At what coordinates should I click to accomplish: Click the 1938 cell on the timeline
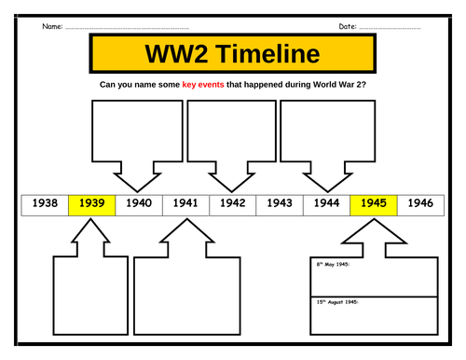(44, 203)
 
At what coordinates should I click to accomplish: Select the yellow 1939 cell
(91, 203)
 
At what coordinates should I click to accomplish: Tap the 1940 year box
(139, 203)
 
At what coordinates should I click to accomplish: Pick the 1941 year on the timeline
(185, 203)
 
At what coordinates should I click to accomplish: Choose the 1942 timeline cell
(232, 203)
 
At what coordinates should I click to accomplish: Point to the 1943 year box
(280, 203)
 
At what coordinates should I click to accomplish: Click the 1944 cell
(326, 203)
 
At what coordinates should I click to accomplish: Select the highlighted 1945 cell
(374, 203)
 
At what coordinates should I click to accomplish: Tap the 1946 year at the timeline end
(420, 203)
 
